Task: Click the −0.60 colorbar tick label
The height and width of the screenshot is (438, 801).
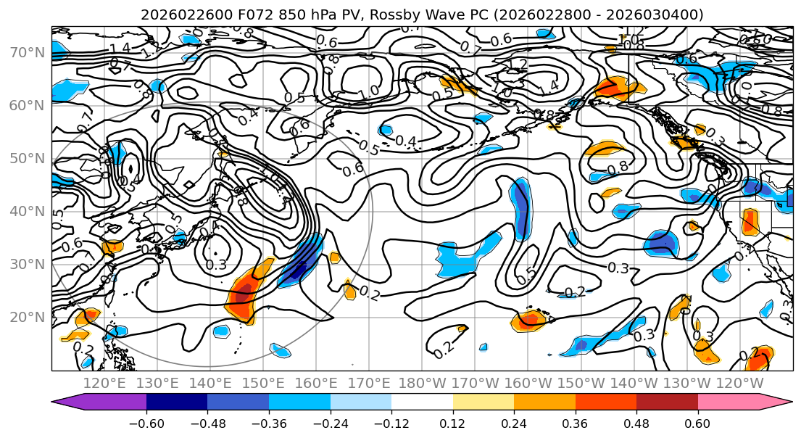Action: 146,421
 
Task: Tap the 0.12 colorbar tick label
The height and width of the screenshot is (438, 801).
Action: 453,421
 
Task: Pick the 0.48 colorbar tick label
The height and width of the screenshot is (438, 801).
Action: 636,421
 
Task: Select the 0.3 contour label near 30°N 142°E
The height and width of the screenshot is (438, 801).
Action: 215,265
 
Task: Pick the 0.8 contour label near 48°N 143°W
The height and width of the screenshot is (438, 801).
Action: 618,168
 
